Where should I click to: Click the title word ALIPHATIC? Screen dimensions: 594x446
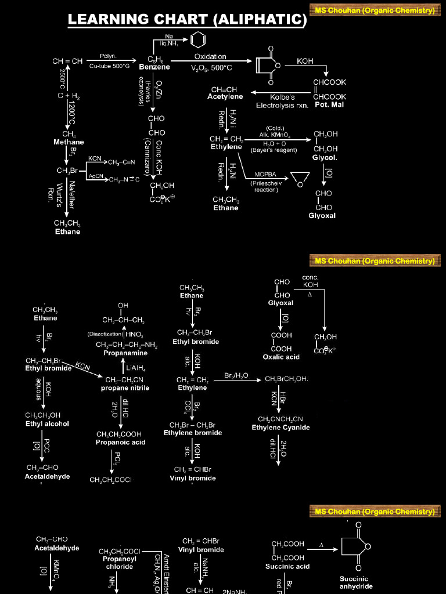point(259,20)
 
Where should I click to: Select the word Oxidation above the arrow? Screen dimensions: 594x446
point(210,57)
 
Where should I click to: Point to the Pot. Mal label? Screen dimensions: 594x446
point(329,105)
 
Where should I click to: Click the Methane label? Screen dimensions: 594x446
point(69,142)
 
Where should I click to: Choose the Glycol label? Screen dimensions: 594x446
point(325,158)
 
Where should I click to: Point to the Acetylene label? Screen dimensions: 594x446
point(225,97)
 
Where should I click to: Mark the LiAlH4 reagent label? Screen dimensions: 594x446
point(135,367)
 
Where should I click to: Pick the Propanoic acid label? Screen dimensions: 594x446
point(121,442)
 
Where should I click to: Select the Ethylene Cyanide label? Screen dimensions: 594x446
point(280,428)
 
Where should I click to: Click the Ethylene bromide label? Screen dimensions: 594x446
point(193,433)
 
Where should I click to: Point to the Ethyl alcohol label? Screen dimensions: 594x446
point(47,423)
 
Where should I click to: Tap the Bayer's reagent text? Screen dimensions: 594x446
point(274,150)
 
